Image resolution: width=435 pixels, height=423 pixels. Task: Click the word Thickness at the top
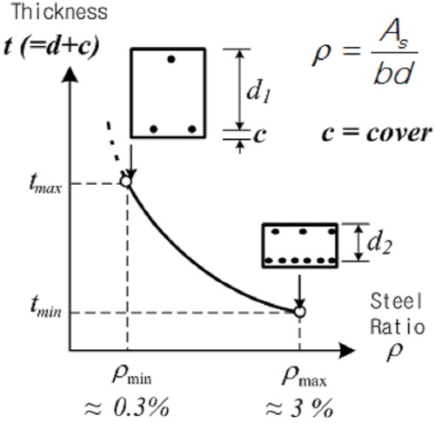pyautogui.click(x=59, y=11)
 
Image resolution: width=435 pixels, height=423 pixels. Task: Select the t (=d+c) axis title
pyautogui.click(x=51, y=47)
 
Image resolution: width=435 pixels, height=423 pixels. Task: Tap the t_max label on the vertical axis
pyautogui.click(x=45, y=185)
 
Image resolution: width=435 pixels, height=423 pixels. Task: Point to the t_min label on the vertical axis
pyautogui.click(x=46, y=308)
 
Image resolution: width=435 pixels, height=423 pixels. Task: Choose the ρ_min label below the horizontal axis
pyautogui.click(x=132, y=375)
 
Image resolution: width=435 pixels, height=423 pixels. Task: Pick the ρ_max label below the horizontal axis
pyautogui.click(x=304, y=377)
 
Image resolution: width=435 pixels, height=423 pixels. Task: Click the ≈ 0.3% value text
pyautogui.click(x=127, y=406)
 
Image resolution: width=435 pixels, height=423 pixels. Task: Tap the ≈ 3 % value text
pyautogui.click(x=299, y=407)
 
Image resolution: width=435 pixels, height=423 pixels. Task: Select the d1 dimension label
pyautogui.click(x=258, y=92)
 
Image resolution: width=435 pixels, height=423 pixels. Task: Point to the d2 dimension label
pyautogui.click(x=379, y=243)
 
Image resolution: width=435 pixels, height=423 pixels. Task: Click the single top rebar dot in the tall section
pyautogui.click(x=171, y=60)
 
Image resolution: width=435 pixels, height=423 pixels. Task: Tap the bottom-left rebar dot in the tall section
pyautogui.click(x=154, y=129)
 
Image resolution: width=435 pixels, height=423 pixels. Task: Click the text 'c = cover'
pyautogui.click(x=377, y=134)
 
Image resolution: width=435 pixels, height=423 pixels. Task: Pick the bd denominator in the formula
pyautogui.click(x=393, y=73)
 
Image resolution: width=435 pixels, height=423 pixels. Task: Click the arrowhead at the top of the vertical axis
pyautogui.click(x=70, y=74)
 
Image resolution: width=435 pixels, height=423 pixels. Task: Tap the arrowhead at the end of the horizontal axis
pyautogui.click(x=347, y=351)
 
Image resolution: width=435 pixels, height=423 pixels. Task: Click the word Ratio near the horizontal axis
pyautogui.click(x=398, y=327)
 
